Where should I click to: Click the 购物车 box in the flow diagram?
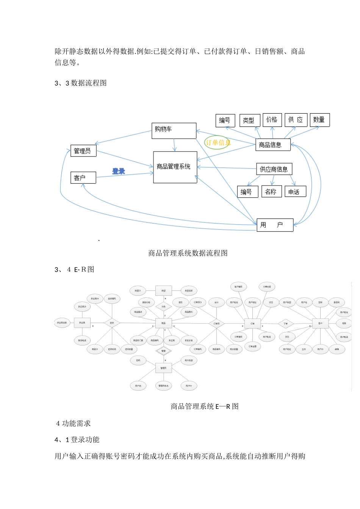(174, 131)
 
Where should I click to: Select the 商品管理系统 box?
(175, 167)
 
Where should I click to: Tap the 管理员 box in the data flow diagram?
(83, 151)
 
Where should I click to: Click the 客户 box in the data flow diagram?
(83, 178)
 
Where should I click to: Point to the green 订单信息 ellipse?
(218, 143)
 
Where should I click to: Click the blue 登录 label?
(119, 171)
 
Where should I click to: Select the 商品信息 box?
(273, 145)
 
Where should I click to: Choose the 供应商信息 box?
(274, 169)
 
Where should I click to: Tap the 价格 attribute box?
(272, 120)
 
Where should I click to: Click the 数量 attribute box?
(319, 120)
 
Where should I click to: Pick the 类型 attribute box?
(249, 120)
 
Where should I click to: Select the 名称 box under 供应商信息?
(271, 192)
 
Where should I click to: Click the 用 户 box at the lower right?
(275, 225)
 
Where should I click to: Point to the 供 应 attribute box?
(296, 120)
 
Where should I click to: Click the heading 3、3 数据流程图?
(81, 83)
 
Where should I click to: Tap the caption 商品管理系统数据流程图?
(188, 253)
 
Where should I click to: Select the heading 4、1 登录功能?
(77, 440)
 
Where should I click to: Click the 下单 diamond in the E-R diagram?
(285, 324)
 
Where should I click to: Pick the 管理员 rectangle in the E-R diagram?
(163, 368)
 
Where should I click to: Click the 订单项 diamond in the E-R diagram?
(216, 324)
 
